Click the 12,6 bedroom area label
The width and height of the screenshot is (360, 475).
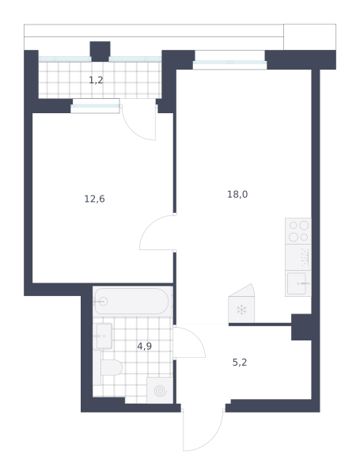(x=94, y=199)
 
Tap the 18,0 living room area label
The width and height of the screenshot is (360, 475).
(x=237, y=194)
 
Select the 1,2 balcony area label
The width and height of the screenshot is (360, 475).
(x=96, y=80)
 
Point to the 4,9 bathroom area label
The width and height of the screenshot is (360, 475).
(x=145, y=346)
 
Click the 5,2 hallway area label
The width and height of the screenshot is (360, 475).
(x=240, y=363)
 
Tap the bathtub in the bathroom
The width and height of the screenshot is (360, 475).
(x=132, y=301)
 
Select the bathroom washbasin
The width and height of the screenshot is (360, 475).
(x=103, y=336)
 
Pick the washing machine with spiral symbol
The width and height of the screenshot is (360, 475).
(x=160, y=390)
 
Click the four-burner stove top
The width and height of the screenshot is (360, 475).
(x=298, y=231)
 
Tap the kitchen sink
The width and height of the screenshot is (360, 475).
(x=298, y=283)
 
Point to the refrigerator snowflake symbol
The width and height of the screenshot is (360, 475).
(x=241, y=310)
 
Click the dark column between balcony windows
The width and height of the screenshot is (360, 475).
(x=100, y=51)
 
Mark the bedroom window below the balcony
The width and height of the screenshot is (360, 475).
(x=95, y=106)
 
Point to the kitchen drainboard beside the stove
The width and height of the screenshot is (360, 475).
(x=298, y=257)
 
